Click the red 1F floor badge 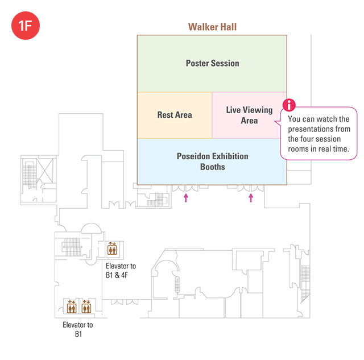pos(25,26)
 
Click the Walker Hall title pos(212,27)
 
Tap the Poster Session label pos(212,63)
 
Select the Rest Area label pos(175,115)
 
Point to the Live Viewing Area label pos(249,115)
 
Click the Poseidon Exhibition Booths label pos(212,162)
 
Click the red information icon pos(290,105)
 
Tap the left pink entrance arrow pos(185,197)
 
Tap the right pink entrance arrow pos(251,197)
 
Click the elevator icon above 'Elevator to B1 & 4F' pos(112,249)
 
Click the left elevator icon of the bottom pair pos(72,307)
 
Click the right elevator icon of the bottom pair pos(86,307)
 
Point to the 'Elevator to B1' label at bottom pos(78,329)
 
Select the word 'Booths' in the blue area pos(212,167)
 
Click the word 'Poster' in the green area pos(198,63)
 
